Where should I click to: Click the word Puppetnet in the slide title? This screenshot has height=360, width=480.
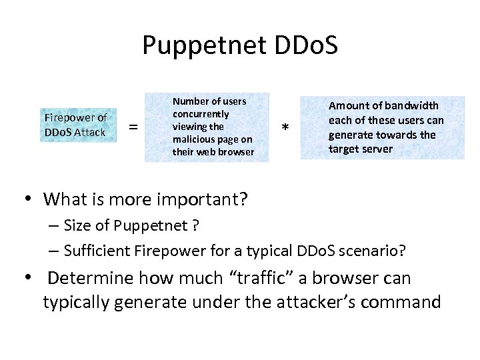[x=195, y=45]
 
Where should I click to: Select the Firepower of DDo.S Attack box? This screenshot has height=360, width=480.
[x=77, y=125]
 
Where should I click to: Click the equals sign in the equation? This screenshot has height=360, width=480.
[x=133, y=127]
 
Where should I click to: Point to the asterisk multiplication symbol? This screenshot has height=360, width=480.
[x=285, y=128]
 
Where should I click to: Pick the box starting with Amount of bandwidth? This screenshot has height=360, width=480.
[x=382, y=127]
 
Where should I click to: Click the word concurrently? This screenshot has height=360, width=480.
[x=201, y=114]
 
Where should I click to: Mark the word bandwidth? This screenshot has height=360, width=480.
[x=413, y=106]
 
